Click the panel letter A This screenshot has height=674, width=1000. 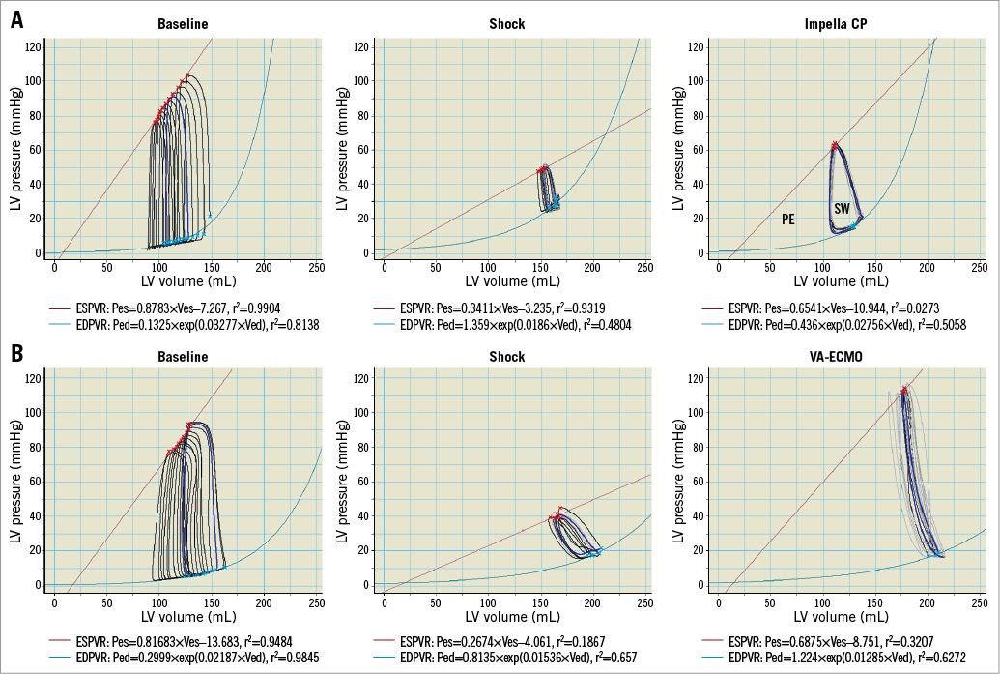[16, 20]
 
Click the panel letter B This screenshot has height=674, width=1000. [16, 354]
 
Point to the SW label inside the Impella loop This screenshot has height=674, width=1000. [843, 209]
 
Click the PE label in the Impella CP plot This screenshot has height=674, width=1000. [788, 220]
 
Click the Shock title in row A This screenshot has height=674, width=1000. [507, 23]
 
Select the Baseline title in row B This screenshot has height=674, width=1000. [183, 357]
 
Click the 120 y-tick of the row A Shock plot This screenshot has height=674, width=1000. [357, 45]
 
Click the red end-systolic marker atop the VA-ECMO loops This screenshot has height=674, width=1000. [904, 391]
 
